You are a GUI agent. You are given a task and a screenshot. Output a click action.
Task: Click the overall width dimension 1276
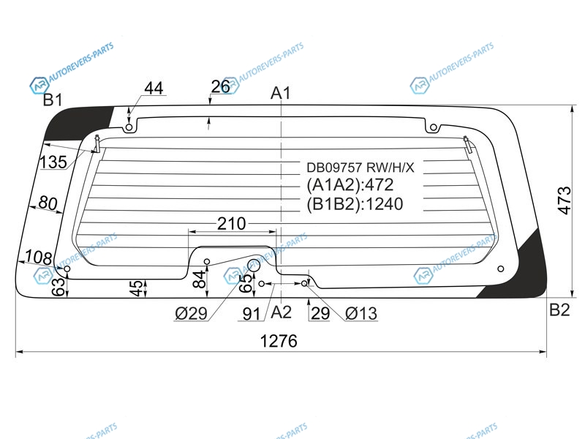click(279, 341)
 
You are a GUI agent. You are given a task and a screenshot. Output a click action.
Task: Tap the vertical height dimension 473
click(565, 200)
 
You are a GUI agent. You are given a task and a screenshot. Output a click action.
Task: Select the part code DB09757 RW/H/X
click(360, 168)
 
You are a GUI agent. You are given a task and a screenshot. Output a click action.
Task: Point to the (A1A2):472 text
click(350, 185)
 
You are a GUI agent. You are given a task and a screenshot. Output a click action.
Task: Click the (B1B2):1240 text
click(355, 204)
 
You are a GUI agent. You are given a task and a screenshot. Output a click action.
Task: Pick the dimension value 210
click(231, 224)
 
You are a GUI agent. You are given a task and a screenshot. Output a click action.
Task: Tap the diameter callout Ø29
click(191, 314)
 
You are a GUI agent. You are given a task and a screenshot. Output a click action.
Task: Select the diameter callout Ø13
click(361, 314)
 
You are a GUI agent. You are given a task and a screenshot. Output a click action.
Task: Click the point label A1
click(281, 93)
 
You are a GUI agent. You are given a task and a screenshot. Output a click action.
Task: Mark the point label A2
click(281, 312)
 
